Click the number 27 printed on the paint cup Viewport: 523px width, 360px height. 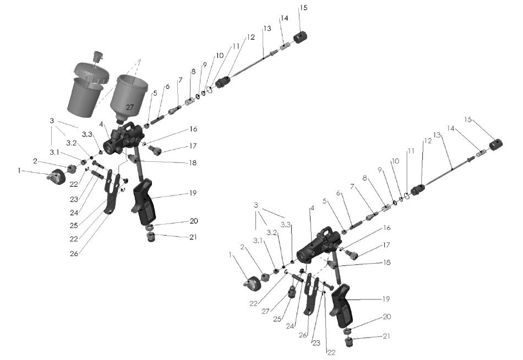[130, 107]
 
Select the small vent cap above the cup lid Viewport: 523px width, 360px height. [97, 56]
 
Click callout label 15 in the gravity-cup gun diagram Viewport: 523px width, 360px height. [303, 8]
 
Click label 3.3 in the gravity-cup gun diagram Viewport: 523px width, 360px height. [87, 134]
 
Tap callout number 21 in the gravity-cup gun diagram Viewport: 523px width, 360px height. [193, 237]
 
